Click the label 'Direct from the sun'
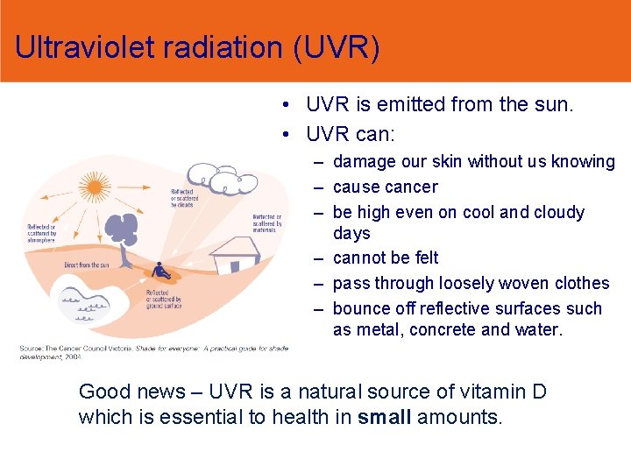coord(87,265)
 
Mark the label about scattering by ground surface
coord(164,300)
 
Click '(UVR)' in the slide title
coord(338,48)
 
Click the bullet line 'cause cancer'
coord(385,187)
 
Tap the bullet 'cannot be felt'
coord(386,258)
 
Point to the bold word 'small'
coord(385,416)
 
